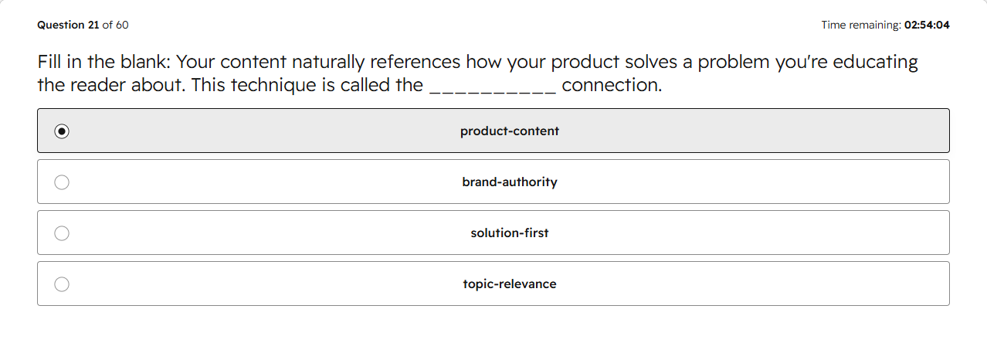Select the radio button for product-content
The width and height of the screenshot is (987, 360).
click(62, 131)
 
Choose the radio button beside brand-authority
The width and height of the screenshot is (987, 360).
click(62, 182)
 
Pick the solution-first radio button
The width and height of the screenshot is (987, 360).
click(62, 233)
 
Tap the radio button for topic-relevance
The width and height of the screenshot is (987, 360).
click(62, 284)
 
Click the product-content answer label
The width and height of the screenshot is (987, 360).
click(510, 131)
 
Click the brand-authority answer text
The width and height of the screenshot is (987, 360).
click(510, 182)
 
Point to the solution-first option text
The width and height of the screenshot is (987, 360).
click(510, 233)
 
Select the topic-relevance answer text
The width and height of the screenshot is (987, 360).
click(510, 284)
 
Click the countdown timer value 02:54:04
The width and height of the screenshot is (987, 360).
click(927, 25)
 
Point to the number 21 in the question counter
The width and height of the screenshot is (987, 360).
click(93, 25)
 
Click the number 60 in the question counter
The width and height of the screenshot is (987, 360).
click(122, 25)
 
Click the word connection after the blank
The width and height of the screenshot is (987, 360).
click(612, 85)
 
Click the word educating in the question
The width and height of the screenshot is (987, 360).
click(875, 63)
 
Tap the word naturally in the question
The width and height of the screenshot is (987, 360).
click(327, 63)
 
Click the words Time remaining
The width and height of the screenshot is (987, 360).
click(861, 25)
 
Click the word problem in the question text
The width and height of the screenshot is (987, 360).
click(734, 63)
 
